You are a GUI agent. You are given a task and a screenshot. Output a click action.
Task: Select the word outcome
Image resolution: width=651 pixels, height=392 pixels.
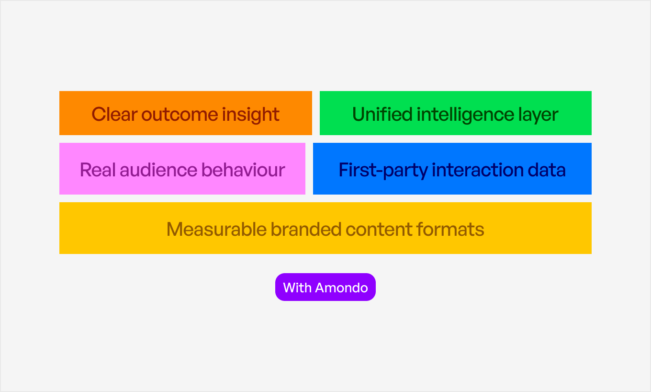[179, 115]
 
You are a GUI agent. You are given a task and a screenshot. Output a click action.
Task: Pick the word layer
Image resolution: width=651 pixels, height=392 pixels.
[539, 115]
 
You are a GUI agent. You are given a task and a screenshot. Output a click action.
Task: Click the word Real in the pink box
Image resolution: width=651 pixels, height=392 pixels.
[98, 170]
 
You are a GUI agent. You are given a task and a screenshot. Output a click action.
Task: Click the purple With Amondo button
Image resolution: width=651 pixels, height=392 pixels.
[325, 287]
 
